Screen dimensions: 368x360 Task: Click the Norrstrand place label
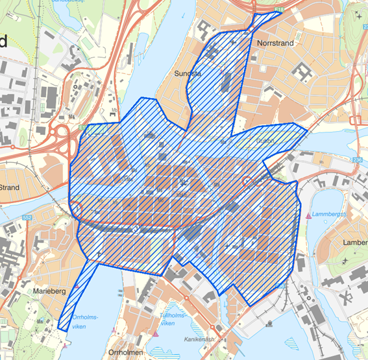pos(275,43)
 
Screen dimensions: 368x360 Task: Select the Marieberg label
pos(49,292)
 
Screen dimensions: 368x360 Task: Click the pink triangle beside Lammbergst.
pos(308,214)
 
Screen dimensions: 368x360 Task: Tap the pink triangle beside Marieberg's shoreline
pos(64,337)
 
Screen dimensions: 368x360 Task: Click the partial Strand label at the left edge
pos(10,187)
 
